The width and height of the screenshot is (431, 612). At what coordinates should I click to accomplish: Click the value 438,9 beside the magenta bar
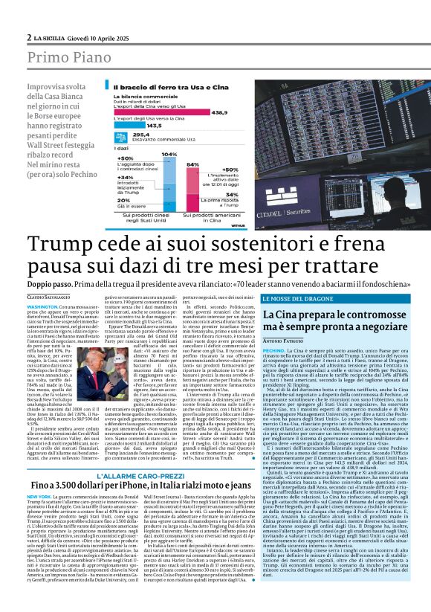[220, 112]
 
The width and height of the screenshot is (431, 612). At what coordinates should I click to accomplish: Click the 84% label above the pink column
[193, 164]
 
